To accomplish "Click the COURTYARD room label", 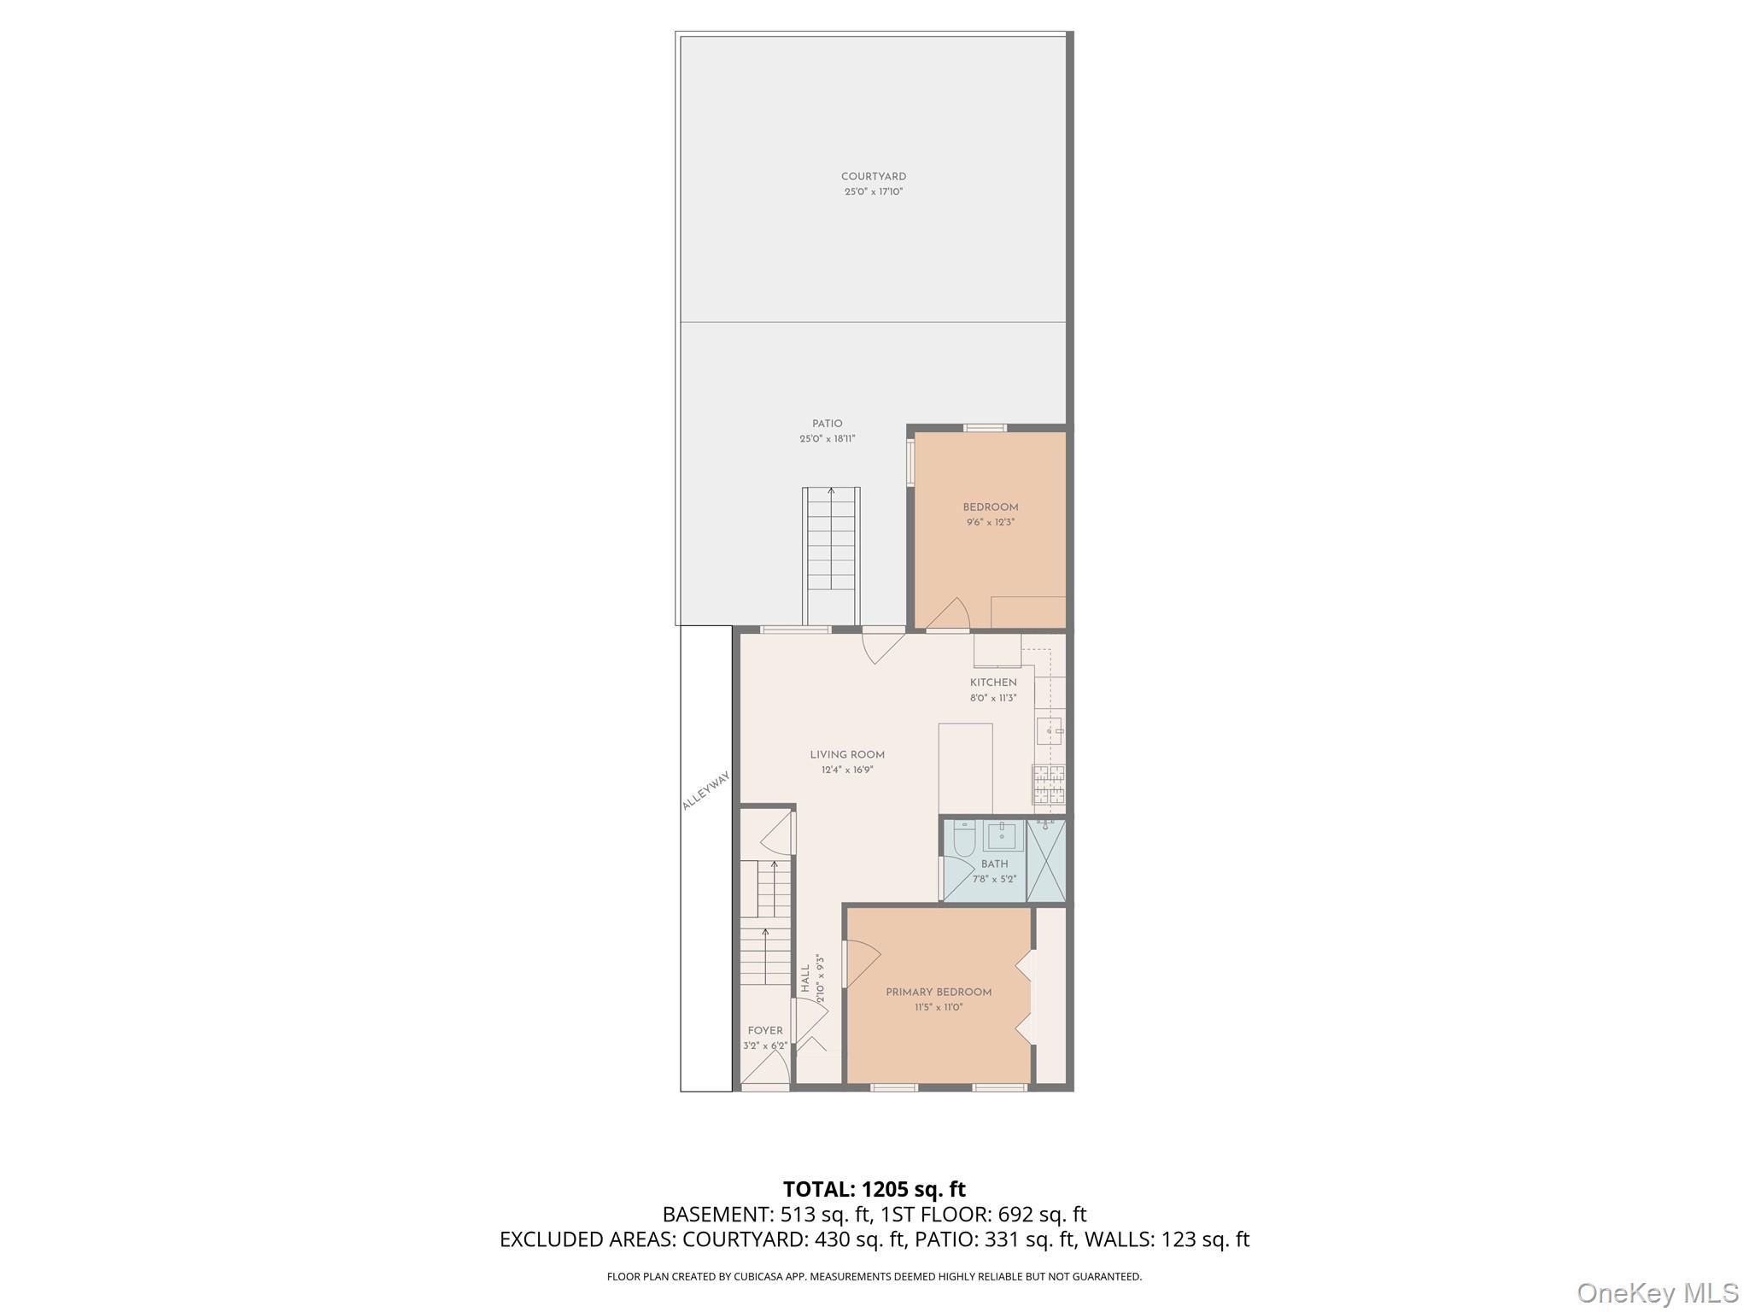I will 873,177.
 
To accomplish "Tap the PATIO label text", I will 827,424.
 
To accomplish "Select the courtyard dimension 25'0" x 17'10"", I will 873,192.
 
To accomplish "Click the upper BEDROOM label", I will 991,507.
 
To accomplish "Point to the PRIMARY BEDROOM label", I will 939,993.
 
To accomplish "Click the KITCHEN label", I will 993,682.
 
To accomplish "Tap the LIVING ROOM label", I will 847,755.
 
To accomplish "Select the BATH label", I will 994,864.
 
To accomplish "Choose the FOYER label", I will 764,1031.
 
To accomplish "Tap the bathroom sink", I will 1000,835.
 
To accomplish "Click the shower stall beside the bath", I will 1046,860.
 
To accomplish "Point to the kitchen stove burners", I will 1050,784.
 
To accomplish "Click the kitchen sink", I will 1050,731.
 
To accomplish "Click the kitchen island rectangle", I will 965,768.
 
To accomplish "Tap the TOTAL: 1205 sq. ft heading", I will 874,1189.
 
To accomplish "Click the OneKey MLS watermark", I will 1657,1292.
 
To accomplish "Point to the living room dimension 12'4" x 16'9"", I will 847,770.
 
